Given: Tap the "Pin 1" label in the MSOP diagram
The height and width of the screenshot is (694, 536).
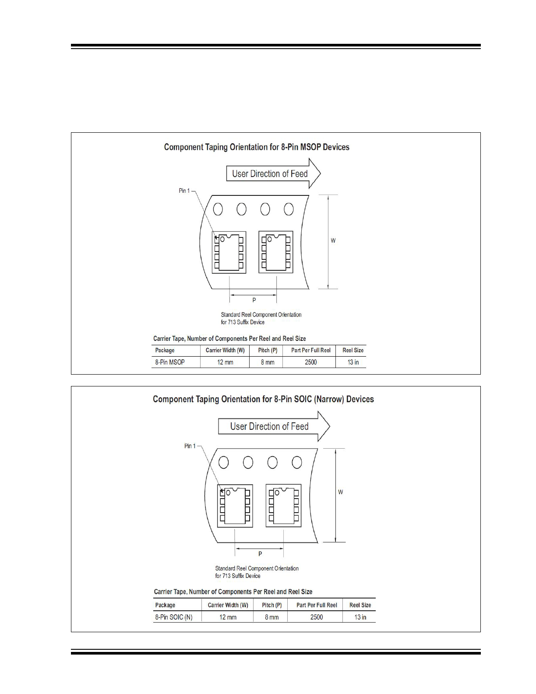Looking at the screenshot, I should tap(184, 191).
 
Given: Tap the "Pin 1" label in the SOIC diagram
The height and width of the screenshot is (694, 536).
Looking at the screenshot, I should tap(190, 446).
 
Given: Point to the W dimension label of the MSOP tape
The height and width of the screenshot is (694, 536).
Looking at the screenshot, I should tap(333, 241).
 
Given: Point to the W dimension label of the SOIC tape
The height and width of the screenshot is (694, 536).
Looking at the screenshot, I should tap(340, 492).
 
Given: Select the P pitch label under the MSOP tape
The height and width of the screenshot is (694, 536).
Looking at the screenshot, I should tap(254, 300).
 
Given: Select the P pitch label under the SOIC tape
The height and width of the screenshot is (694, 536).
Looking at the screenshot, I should tap(260, 554).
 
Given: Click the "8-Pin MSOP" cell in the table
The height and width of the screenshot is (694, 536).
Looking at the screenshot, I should tap(170, 362).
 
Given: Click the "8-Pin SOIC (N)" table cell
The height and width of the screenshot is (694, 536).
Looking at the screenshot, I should tap(174, 617).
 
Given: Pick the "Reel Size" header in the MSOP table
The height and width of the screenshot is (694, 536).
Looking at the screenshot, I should tap(353, 351).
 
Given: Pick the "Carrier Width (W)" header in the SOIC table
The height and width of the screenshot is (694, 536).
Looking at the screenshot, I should tap(228, 605).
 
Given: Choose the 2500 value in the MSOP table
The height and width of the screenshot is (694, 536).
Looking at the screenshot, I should tap(310, 362).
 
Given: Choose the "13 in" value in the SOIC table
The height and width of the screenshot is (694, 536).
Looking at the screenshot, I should tap(360, 617).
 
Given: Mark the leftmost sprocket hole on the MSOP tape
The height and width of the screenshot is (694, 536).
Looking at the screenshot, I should tap(218, 209).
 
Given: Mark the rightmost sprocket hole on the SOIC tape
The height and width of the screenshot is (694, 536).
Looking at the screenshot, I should tap(297, 462).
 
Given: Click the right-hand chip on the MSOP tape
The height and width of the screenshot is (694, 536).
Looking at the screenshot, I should tap(276, 252).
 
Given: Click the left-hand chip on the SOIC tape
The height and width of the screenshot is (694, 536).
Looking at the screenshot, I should tap(235, 506).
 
